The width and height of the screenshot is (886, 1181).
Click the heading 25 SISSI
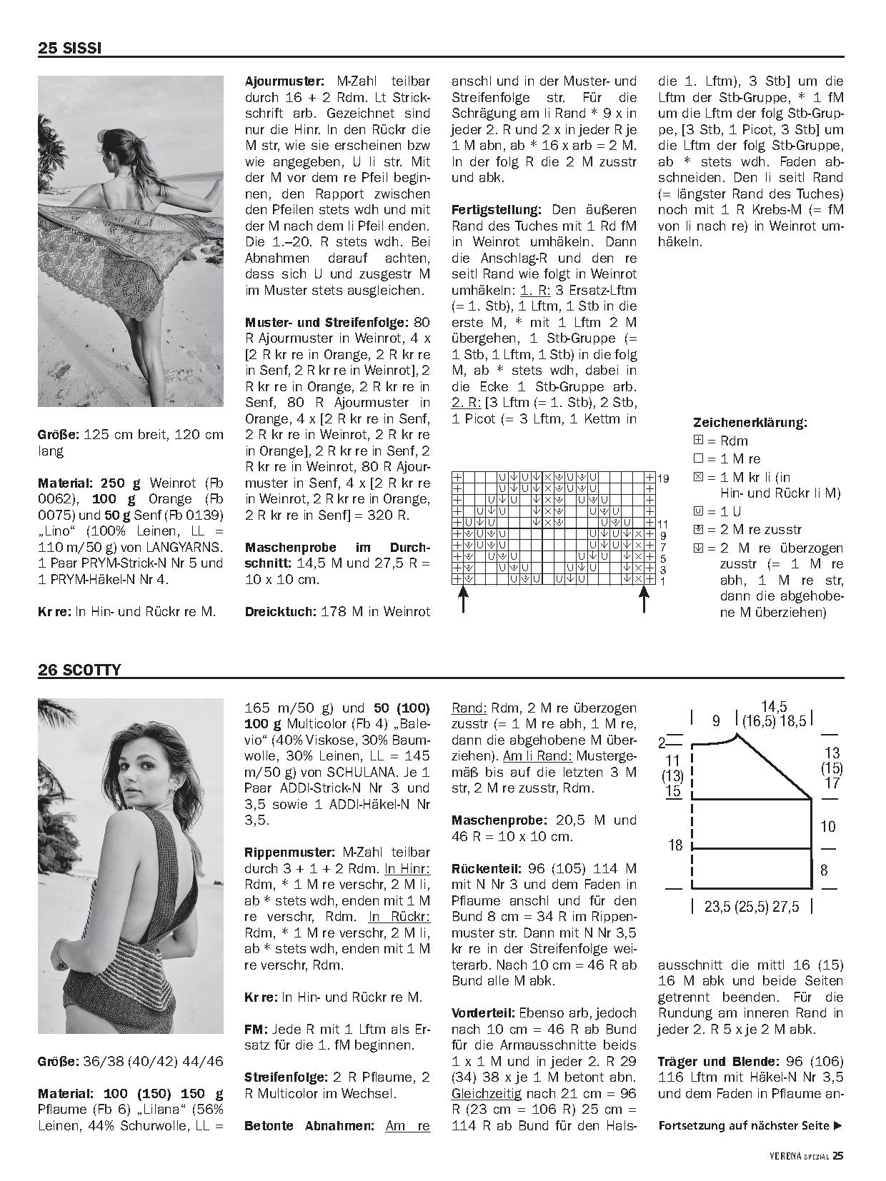point(69,49)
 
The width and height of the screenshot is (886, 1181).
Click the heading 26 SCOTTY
point(79,670)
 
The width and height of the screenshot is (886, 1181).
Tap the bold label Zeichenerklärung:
point(750,422)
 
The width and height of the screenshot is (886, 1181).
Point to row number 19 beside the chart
point(663,478)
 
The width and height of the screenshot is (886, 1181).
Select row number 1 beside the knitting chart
point(662,581)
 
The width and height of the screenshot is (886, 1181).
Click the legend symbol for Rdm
point(698,441)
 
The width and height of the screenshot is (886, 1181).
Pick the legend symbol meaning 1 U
point(698,511)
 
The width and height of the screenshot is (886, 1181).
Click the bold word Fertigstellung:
point(497,210)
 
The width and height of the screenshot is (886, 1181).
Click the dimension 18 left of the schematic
point(675,845)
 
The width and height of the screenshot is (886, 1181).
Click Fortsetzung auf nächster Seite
point(750,1126)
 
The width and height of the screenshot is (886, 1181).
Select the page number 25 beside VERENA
point(838,1155)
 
